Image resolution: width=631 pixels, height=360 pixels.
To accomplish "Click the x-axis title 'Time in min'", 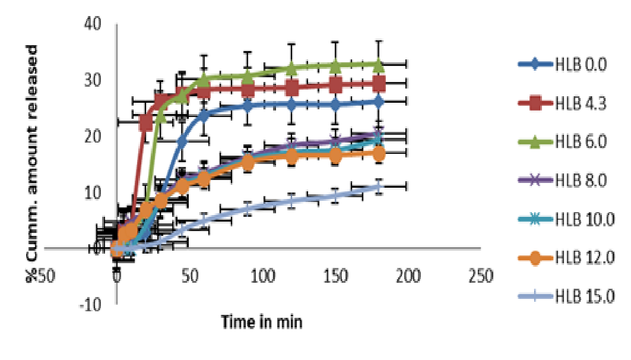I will point(262,322).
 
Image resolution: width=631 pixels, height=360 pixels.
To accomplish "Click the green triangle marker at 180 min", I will point(379,64).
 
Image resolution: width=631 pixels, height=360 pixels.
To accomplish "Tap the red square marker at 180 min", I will point(379,84).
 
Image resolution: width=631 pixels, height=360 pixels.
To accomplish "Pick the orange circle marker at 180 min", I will point(379,154).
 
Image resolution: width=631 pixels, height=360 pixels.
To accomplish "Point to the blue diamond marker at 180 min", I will point(379,102).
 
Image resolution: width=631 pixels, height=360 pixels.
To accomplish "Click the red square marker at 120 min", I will point(291,89).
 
